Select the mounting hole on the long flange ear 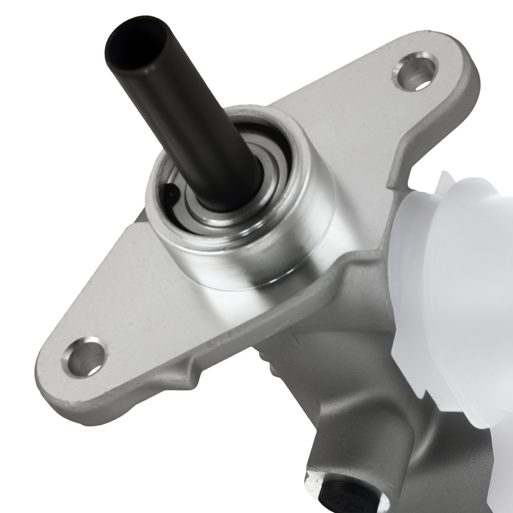[84, 356]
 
